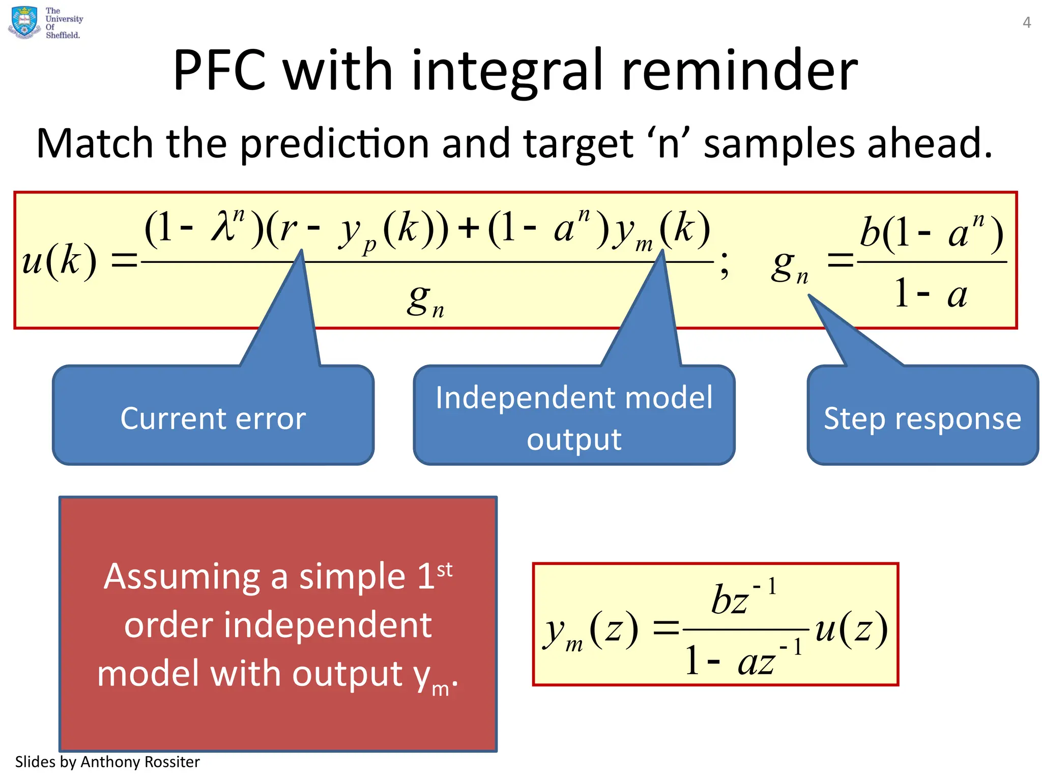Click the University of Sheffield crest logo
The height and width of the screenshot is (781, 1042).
(23, 22)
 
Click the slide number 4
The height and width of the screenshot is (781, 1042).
(1027, 23)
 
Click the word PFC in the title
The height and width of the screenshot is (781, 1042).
(219, 71)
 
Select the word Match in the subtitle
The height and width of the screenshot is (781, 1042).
(94, 144)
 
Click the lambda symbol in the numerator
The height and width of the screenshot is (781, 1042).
(222, 227)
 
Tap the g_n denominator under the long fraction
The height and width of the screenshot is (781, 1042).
(425, 300)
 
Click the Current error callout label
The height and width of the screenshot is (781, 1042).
(213, 418)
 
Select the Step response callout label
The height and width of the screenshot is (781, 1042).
(922, 418)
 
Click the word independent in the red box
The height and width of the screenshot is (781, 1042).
(278, 625)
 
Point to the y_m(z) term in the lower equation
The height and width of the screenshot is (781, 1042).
(590, 631)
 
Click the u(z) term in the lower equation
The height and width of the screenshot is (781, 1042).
(851, 629)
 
